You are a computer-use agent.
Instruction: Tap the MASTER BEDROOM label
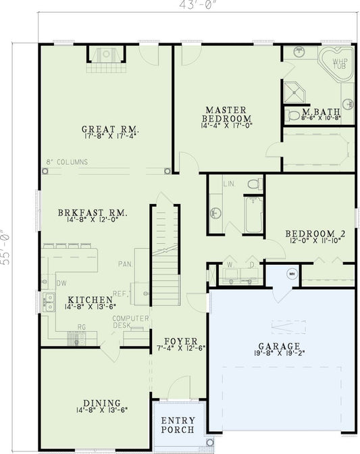(226, 114)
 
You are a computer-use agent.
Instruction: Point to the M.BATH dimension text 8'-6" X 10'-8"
(322, 118)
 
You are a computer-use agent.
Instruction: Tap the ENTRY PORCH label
(178, 425)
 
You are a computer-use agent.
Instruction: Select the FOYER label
(179, 341)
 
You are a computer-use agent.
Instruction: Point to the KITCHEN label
(90, 299)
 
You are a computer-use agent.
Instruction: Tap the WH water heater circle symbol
(292, 274)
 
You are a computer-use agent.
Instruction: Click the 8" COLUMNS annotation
(67, 162)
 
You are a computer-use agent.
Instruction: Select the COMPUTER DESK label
(126, 322)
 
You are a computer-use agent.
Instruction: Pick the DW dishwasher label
(61, 283)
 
